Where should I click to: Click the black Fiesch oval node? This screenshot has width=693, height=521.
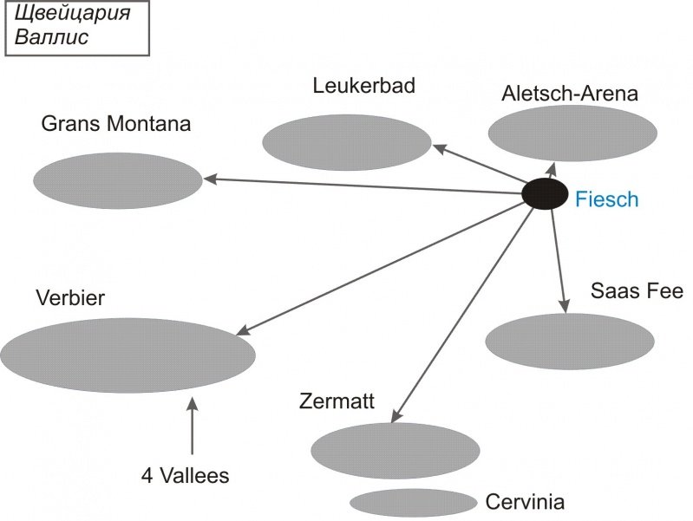[546, 193]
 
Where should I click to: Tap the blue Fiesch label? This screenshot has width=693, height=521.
[606, 199]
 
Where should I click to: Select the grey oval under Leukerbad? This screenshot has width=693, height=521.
[346, 142]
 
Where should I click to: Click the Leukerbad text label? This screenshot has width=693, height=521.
[364, 86]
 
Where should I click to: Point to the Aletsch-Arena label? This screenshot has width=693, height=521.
[569, 94]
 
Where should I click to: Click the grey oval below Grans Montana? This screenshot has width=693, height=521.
[117, 180]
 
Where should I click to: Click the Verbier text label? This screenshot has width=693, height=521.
[70, 298]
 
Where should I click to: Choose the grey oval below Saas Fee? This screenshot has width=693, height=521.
[569, 342]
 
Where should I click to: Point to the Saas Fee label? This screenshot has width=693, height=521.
[637, 290]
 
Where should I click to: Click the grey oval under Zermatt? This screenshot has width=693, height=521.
[395, 451]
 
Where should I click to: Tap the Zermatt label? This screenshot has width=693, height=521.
[337, 401]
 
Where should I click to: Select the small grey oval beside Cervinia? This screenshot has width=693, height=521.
[414, 502]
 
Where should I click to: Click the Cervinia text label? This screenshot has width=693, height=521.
[525, 502]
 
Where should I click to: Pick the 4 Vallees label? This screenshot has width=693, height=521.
[185, 475]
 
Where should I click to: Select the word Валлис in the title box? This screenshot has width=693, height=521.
[52, 37]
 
